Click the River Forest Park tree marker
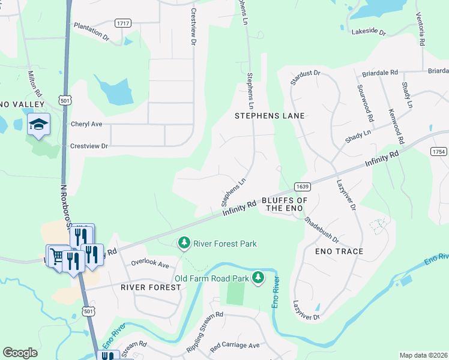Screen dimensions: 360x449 184,244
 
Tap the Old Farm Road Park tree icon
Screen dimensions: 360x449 258,277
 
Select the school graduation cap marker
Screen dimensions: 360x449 39,124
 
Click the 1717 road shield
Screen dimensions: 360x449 123,23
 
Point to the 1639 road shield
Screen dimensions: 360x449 302,187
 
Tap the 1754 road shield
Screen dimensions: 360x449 439,152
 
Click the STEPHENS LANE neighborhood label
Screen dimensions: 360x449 270,116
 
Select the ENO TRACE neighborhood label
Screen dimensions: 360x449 339,251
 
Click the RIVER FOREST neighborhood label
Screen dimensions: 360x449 151,287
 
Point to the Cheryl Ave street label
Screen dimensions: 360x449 87,124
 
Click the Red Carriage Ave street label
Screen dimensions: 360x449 234,346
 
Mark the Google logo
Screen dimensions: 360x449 20,353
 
